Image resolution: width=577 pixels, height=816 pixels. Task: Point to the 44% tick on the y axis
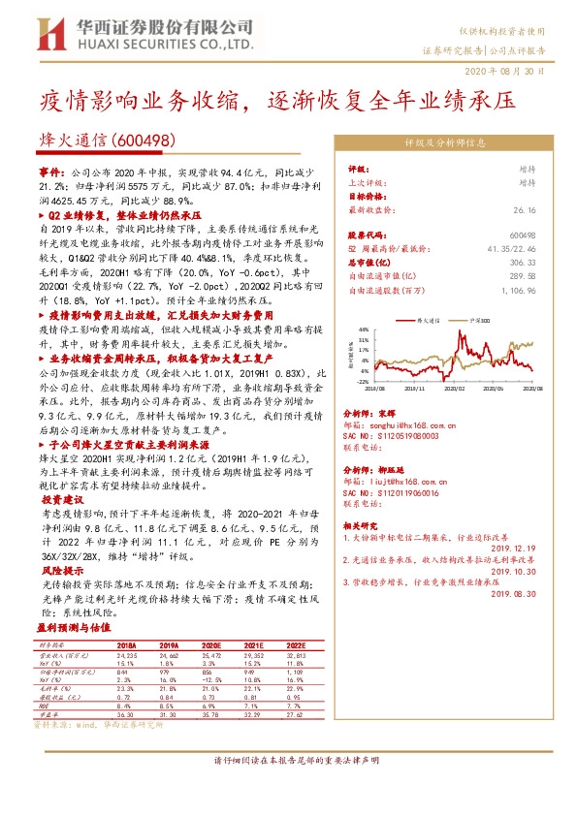[x=363, y=330]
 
